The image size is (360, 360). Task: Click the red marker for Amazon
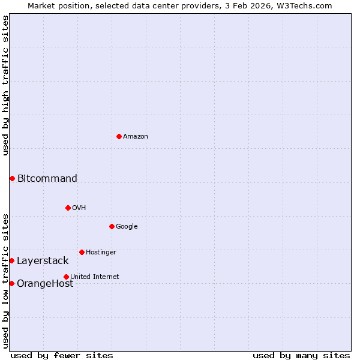click(119, 136)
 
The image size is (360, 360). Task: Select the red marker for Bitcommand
click(12, 178)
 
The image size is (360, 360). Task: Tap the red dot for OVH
click(68, 208)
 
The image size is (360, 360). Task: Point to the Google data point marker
click(112, 226)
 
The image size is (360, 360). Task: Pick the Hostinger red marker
click(82, 252)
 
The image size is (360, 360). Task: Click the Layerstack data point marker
click(12, 260)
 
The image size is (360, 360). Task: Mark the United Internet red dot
click(66, 277)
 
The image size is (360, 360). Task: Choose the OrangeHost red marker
click(12, 283)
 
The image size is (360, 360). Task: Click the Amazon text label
click(136, 137)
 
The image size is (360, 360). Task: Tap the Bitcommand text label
click(47, 178)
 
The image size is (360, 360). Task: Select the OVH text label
click(79, 208)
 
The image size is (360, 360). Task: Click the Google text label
click(127, 226)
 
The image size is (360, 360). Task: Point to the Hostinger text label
click(101, 253)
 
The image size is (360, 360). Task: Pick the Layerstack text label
click(43, 261)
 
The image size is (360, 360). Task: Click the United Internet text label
click(95, 277)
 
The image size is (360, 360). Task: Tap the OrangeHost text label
click(45, 284)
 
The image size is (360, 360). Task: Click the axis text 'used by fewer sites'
click(62, 355)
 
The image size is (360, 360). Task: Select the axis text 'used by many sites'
click(301, 355)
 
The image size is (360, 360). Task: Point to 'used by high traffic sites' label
click(5, 85)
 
